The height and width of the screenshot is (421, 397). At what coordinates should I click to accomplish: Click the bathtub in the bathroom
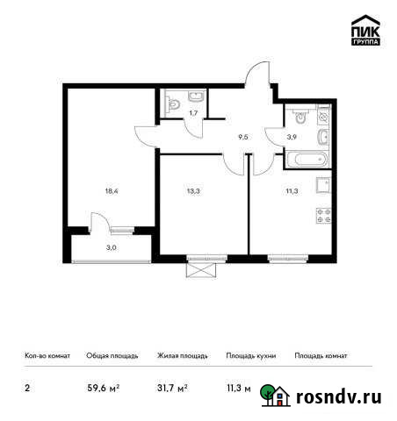pyautogui.click(x=307, y=160)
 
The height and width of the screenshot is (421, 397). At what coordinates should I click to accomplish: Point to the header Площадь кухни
pyautogui.click(x=251, y=356)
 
